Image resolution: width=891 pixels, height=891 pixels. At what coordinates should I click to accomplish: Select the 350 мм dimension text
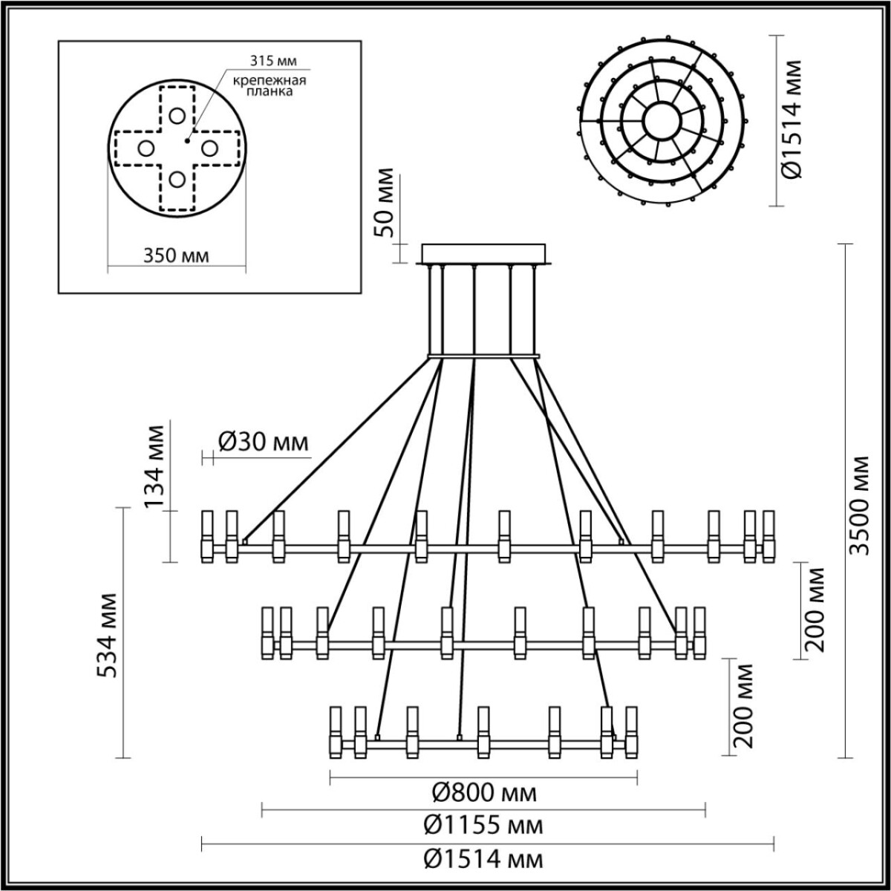tap(175, 256)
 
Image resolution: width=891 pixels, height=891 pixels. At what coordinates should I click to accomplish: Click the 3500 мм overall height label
tap(860, 504)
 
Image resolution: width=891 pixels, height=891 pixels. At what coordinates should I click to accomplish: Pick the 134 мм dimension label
tap(154, 466)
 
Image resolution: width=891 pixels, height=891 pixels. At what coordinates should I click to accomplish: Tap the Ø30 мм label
tap(263, 443)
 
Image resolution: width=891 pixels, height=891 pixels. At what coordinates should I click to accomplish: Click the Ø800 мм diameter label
tap(484, 794)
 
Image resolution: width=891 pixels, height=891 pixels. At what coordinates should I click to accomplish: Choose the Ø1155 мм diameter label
tap(484, 825)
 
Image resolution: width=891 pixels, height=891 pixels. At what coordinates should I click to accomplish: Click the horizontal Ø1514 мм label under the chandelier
tap(484, 859)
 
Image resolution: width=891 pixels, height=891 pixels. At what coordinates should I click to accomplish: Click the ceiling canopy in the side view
tap(483, 254)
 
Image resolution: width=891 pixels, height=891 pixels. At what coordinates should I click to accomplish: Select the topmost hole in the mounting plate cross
tap(176, 115)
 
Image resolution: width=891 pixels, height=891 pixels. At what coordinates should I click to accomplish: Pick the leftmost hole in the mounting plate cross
tap(146, 148)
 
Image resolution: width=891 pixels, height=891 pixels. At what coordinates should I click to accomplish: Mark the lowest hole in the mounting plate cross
tap(176, 179)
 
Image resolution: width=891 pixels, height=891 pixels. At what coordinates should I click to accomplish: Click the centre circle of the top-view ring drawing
tap(659, 120)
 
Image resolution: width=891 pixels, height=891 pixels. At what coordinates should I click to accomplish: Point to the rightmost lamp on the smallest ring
tap(632, 732)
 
